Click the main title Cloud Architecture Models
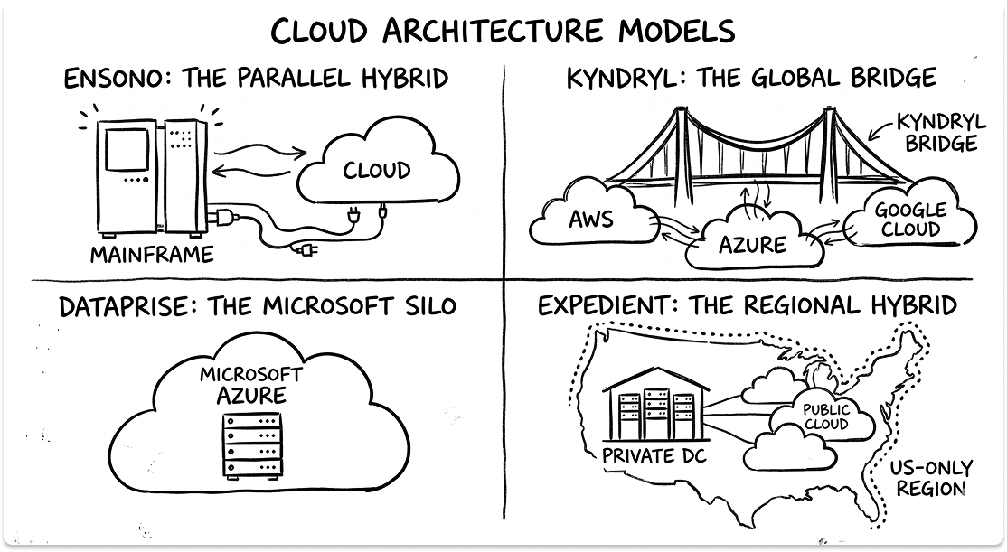point(503,30)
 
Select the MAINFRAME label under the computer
point(151,255)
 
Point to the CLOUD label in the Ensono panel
point(375,170)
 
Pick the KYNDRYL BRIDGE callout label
point(935,132)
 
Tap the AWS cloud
point(591,220)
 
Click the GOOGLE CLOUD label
point(911,219)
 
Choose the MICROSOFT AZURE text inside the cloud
point(250,385)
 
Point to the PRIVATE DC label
point(654,456)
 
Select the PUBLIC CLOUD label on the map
point(825,417)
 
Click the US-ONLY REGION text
point(930,478)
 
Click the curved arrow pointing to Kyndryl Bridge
point(879,131)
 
